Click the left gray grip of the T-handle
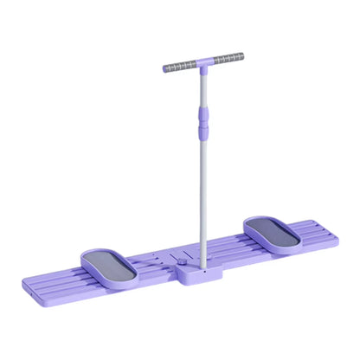pos(179,66)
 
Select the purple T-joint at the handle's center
pos(203,63)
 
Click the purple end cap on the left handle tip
pos(164,67)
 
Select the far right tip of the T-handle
pos(242,57)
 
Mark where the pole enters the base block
pos(203,265)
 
